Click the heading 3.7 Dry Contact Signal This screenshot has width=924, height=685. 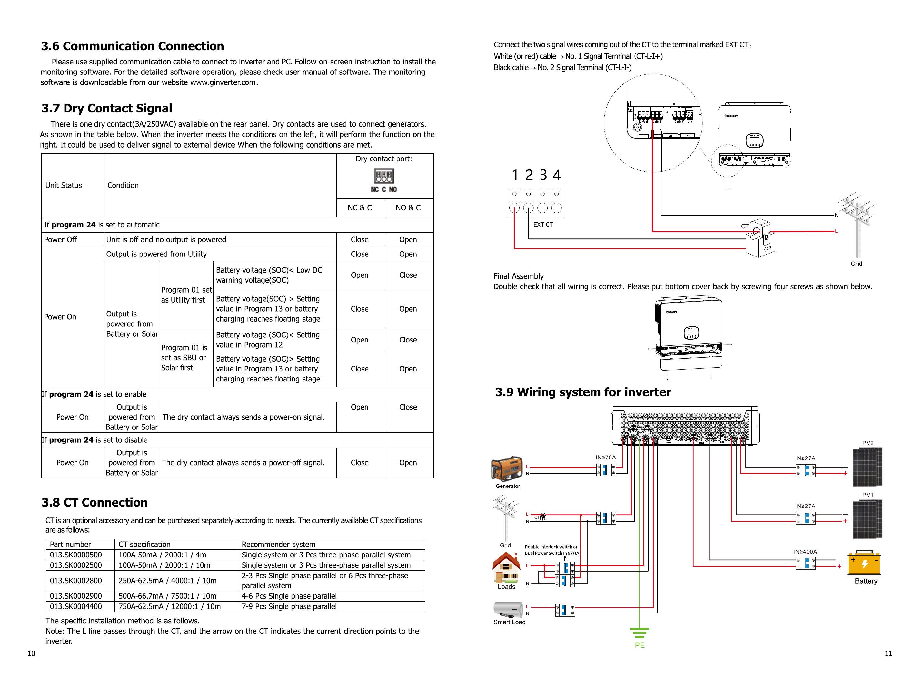click(x=107, y=108)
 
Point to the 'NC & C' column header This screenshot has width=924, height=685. click(x=360, y=208)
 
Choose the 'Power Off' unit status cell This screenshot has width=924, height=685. click(x=61, y=240)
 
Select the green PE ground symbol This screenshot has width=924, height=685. click(x=640, y=632)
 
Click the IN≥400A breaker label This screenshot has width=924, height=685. click(x=805, y=552)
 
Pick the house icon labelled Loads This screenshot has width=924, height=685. click(x=506, y=568)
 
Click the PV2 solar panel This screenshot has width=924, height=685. click(x=868, y=466)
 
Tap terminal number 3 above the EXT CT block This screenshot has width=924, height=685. click(x=543, y=175)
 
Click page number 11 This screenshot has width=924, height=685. click(x=888, y=654)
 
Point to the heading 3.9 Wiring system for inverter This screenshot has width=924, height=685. click(x=583, y=392)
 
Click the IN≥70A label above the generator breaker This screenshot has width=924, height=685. click(x=606, y=458)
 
